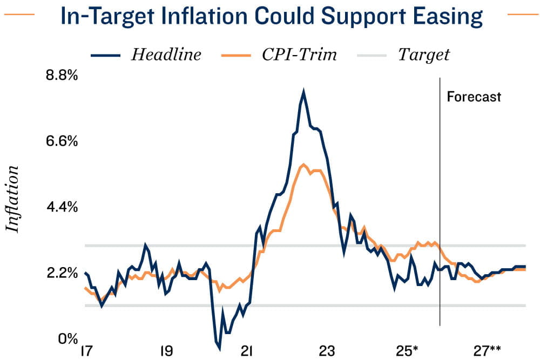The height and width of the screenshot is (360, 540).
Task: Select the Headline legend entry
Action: pyautogui.click(x=166, y=55)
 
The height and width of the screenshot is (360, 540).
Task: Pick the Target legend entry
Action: pyautogui.click(x=424, y=55)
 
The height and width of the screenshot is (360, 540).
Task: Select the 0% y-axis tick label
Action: pyautogui.click(x=67, y=339)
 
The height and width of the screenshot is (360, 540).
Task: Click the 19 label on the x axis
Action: pyautogui.click(x=166, y=351)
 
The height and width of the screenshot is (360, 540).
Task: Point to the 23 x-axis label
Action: pyautogui.click(x=327, y=351)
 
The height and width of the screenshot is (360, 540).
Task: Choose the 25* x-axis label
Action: pyautogui.click(x=408, y=351)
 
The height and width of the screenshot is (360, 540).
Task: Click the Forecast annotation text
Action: pyautogui.click(x=474, y=97)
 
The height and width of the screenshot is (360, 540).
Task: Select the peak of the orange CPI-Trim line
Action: pyautogui.click(x=304, y=164)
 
